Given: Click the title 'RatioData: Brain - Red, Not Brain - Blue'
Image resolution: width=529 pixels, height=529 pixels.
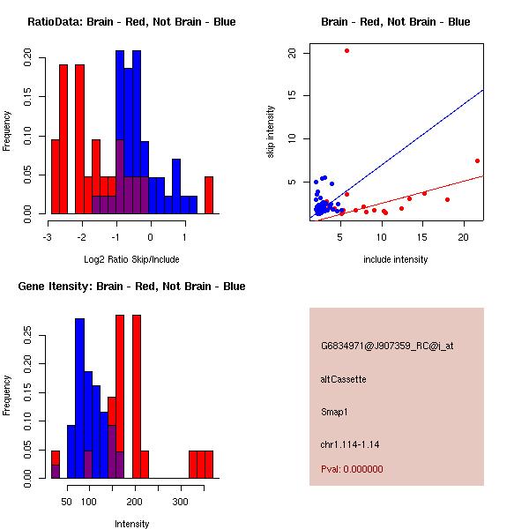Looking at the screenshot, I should pyautogui.click(x=131, y=22).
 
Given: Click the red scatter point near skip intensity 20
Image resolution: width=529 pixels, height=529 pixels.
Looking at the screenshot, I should pyautogui.click(x=346, y=50).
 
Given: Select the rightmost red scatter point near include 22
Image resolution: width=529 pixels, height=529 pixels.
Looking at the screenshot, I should pyautogui.click(x=477, y=160).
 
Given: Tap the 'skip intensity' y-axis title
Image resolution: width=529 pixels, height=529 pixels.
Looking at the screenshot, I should pyautogui.click(x=272, y=131).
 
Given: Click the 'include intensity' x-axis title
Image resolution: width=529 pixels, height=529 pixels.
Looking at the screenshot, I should pyautogui.click(x=396, y=259).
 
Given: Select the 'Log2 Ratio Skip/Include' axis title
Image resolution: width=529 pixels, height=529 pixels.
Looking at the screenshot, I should pyautogui.click(x=131, y=259).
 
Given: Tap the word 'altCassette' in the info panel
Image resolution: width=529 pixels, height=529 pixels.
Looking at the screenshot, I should pyautogui.click(x=344, y=379).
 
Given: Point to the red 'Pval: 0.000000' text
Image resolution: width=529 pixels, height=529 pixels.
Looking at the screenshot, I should pyautogui.click(x=352, y=470).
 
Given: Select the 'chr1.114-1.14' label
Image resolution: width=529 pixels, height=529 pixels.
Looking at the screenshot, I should pyautogui.click(x=350, y=444).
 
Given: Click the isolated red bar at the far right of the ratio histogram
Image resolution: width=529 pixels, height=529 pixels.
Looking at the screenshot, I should pyautogui.click(x=209, y=195).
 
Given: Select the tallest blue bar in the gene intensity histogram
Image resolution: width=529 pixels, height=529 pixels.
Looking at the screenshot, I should pyautogui.click(x=80, y=397).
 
